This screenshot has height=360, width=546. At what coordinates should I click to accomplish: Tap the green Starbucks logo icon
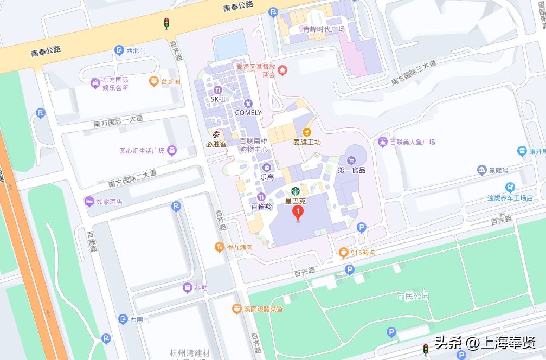click(x=296, y=191)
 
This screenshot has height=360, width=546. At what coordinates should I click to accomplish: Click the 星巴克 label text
click(x=296, y=201)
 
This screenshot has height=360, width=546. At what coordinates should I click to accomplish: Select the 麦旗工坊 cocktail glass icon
click(x=307, y=132)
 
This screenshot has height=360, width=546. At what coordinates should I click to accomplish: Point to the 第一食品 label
click(x=351, y=170)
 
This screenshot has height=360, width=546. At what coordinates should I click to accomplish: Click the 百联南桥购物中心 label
click(x=254, y=145)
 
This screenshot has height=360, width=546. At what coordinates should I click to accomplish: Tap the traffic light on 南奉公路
click(x=166, y=23)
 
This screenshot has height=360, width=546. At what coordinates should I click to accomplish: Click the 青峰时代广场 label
click(x=324, y=29)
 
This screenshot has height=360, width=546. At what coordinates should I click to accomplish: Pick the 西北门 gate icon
click(x=119, y=50)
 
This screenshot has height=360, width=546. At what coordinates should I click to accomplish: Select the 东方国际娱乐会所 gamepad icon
click(x=94, y=82)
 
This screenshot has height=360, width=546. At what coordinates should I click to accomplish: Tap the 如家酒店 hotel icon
click(x=88, y=202)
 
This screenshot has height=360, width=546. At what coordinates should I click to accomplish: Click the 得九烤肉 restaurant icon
click(x=219, y=247)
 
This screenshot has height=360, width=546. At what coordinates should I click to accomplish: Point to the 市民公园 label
click(x=413, y=296)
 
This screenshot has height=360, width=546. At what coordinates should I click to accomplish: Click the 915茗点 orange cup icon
click(x=343, y=252)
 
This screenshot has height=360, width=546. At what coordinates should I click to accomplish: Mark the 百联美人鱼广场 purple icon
click(x=383, y=142)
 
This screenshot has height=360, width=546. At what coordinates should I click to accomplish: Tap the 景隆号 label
click(x=498, y=170)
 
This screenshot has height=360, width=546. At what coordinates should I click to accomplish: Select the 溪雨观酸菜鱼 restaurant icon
click(x=236, y=309)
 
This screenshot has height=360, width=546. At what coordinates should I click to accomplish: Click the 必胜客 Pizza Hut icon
click(x=216, y=134)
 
